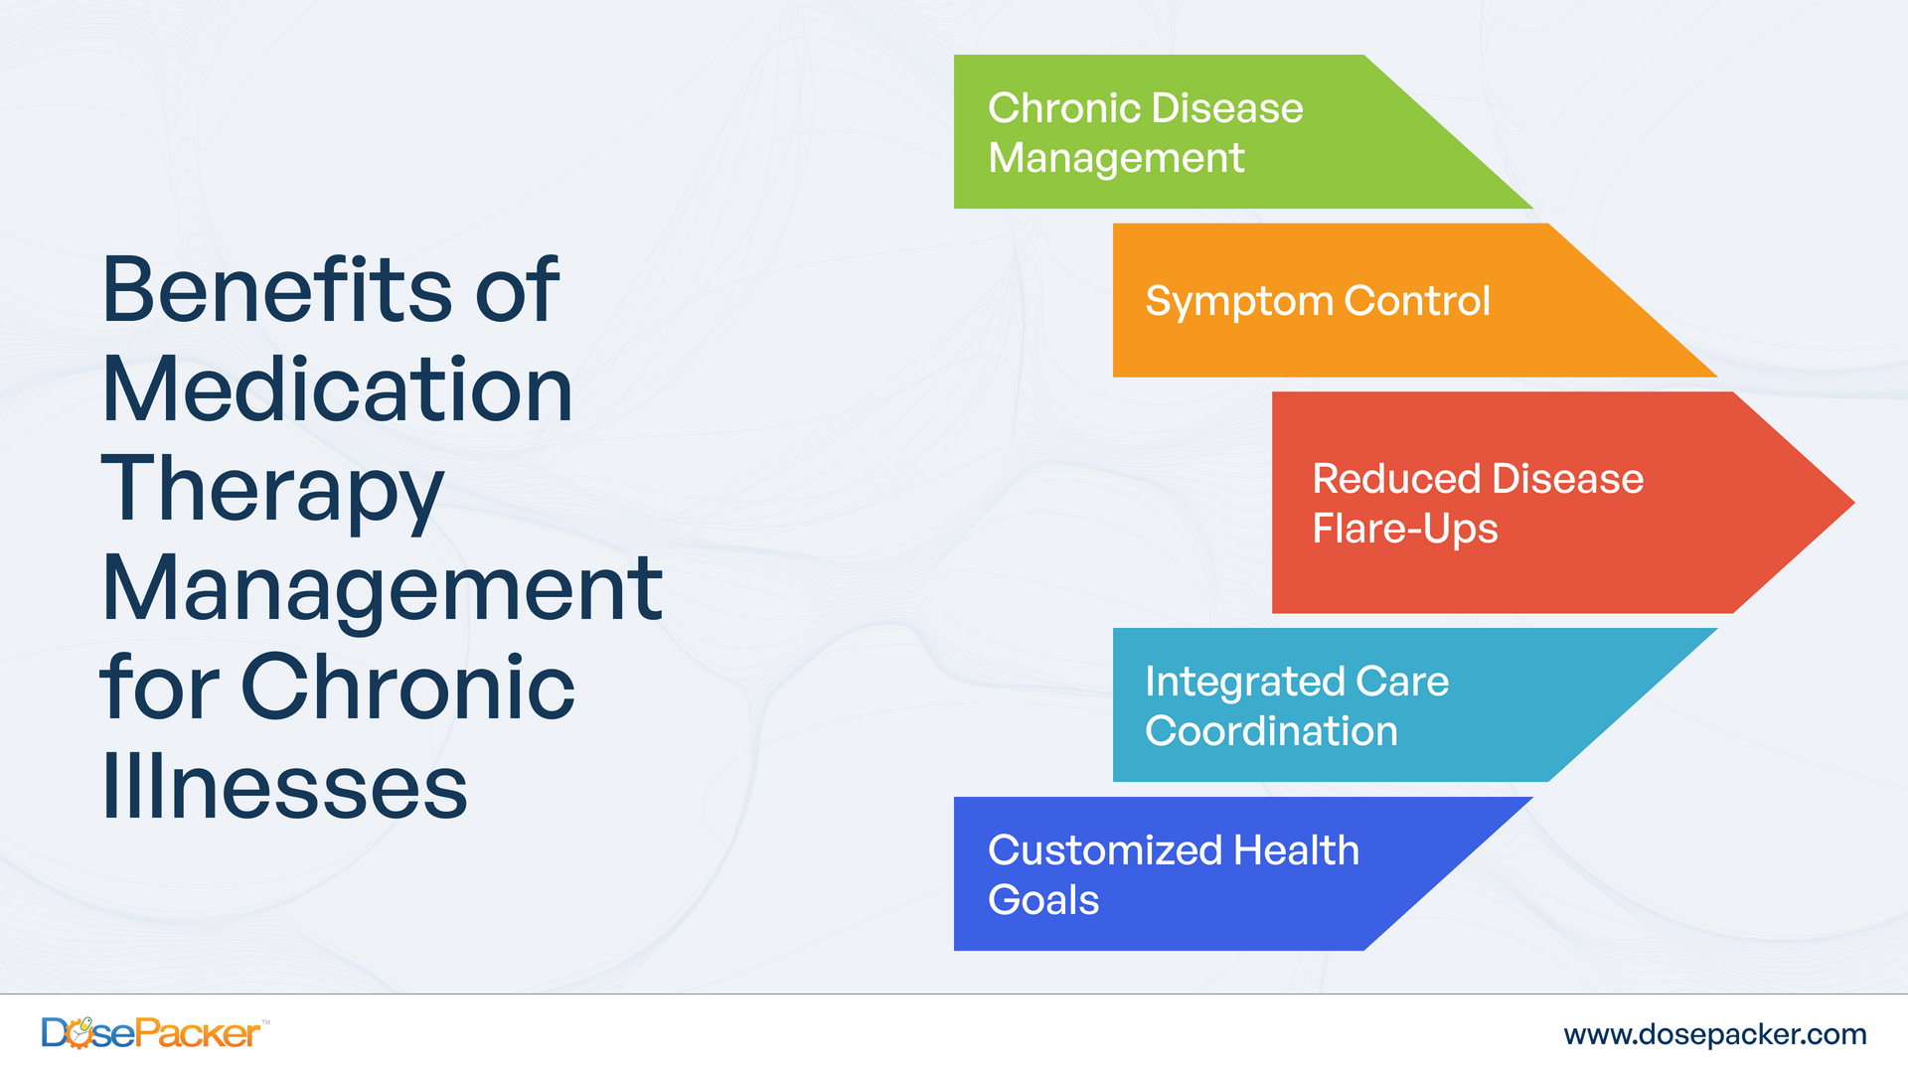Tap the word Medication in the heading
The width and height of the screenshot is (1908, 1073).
coord(338,389)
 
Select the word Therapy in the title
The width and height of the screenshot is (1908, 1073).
coord(272,489)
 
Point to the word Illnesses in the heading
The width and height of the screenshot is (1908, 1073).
coord(284,787)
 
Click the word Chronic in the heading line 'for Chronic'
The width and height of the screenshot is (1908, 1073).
coord(407,688)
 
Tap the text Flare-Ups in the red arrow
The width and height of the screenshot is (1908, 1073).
coord(1404,530)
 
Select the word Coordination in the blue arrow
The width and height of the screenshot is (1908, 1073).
coord(1271,732)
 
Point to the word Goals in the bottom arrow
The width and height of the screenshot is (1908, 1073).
coord(1043,901)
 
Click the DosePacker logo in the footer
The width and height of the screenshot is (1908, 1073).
coord(151,1033)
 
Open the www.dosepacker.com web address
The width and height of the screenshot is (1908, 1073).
coord(1714,1034)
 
